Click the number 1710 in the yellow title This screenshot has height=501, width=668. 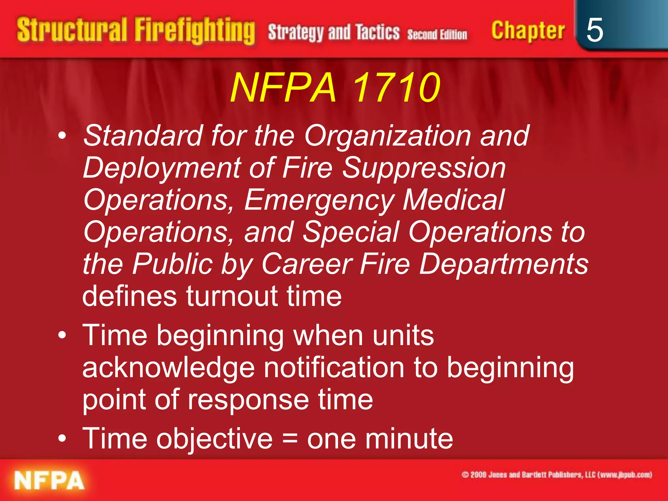coord(397,87)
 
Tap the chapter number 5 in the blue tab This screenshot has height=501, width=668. coord(595,30)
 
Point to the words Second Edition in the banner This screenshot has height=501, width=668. coord(437,34)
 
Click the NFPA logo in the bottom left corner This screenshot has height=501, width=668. coord(49,480)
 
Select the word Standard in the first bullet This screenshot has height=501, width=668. coord(143,135)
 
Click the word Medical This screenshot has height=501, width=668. coord(454,200)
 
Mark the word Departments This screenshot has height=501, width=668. coord(504,264)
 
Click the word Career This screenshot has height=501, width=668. coord(307,264)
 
